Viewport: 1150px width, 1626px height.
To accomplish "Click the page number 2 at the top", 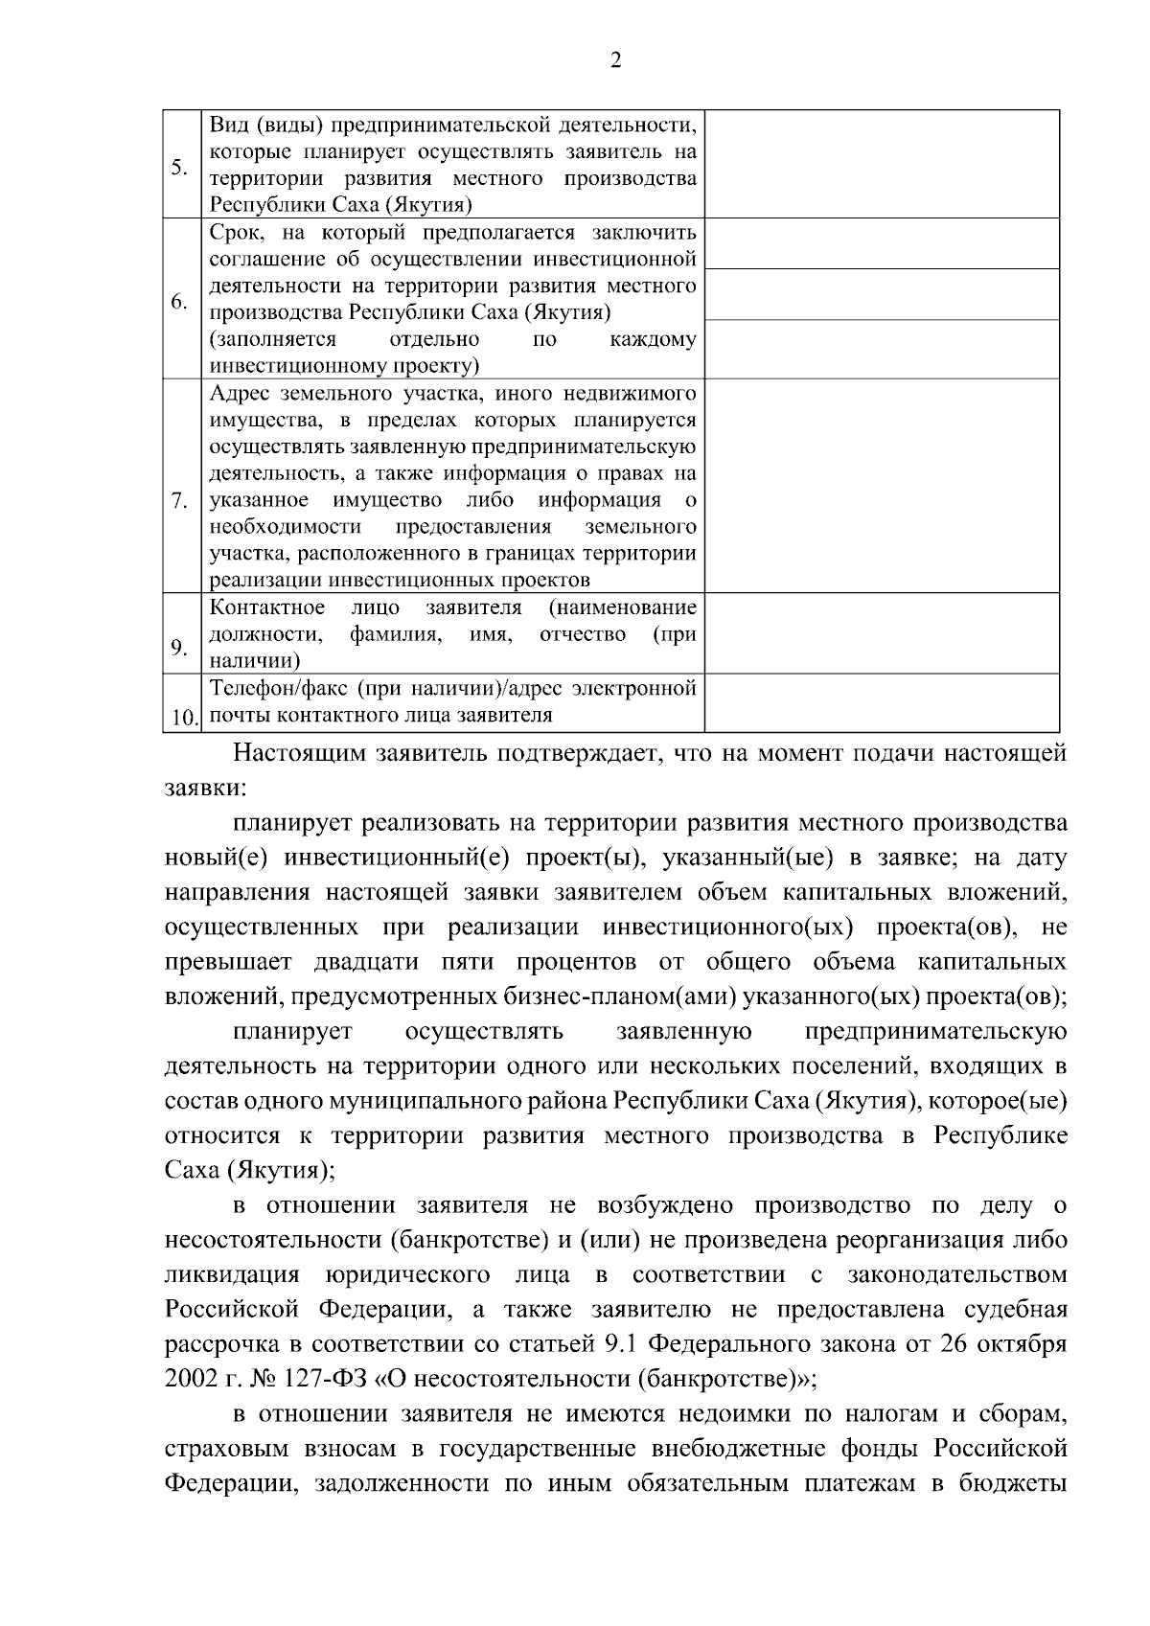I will [615, 60].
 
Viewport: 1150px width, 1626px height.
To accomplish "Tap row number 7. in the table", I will [178, 500].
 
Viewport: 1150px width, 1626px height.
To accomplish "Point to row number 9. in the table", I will [179, 648].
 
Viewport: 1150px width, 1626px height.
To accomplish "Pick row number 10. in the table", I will [182, 717].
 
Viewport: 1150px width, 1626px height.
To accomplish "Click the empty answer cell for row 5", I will [882, 164].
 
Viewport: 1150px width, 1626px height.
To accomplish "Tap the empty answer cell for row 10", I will [882, 702].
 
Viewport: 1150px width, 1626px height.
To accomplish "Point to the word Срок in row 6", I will [229, 233].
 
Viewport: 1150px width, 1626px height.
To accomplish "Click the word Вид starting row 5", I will [226, 125].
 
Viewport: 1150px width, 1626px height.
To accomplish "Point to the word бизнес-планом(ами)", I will [620, 996].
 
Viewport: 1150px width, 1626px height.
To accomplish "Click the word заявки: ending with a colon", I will [205, 788].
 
